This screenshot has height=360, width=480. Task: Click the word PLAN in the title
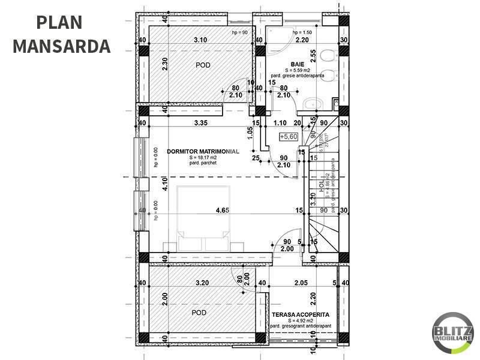(x=59, y=22)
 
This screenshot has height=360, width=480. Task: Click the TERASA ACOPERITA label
(x=300, y=314)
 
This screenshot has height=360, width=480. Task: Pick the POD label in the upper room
(x=203, y=65)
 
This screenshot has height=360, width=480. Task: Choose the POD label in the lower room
(x=200, y=313)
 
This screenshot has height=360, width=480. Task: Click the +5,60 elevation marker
(x=290, y=137)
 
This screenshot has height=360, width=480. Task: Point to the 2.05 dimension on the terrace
(x=301, y=283)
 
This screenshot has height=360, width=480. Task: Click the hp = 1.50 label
(x=303, y=32)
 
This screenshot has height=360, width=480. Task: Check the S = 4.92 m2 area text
(x=300, y=321)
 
